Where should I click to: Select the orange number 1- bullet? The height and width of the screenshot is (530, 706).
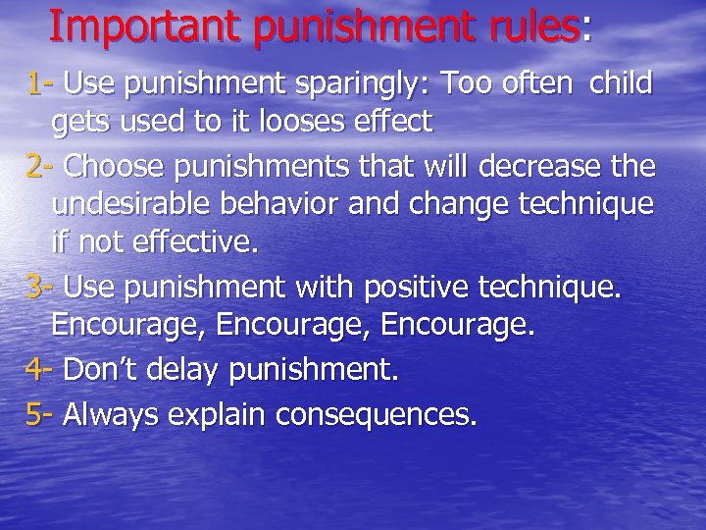click(40, 84)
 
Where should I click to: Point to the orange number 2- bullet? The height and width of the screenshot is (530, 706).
click(41, 167)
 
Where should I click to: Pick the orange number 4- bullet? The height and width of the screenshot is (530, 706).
click(41, 371)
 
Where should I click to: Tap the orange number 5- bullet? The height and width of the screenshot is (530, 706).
click(41, 413)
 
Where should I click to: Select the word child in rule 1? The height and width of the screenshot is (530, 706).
click(621, 84)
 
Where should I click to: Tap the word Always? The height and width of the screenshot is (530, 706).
click(113, 415)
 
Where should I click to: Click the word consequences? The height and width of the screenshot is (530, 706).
click(378, 415)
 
